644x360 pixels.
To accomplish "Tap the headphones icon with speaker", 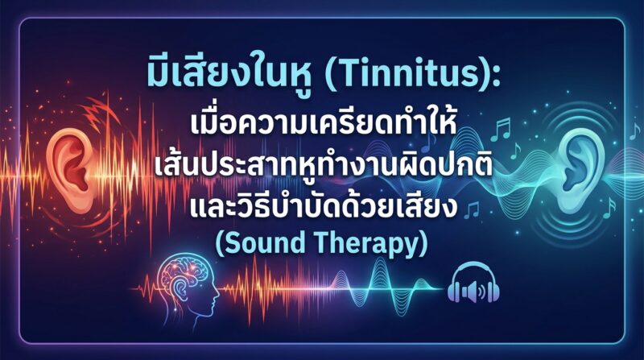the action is (473, 283).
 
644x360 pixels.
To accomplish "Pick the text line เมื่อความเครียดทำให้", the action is (324, 124).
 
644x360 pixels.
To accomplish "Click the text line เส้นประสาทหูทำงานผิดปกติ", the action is (324, 167).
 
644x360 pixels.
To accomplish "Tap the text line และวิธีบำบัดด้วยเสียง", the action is (324, 206).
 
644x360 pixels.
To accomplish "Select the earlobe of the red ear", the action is (82, 202).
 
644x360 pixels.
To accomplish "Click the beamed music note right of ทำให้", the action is (500, 129).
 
